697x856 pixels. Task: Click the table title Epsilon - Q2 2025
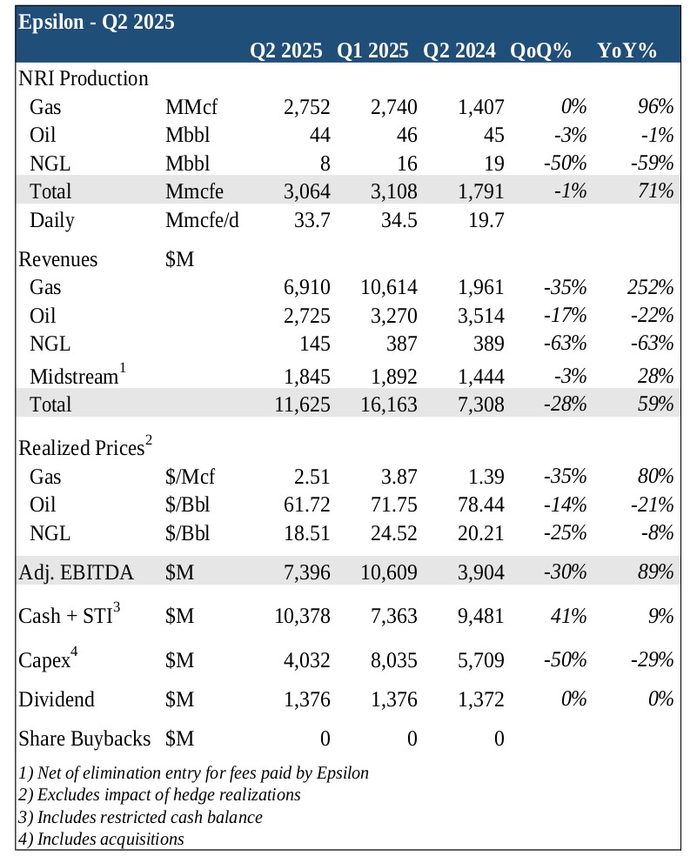(96, 22)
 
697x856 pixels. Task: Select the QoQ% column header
(541, 50)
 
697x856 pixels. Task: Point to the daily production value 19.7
(486, 220)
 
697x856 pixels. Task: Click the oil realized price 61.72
(302, 505)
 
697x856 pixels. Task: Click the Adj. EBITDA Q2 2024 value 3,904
(480, 572)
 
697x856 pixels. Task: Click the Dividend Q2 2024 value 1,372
(480, 699)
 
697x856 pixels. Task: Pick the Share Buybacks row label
(84, 739)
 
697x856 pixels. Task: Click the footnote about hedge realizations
(159, 794)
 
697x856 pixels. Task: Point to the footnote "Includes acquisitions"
(101, 839)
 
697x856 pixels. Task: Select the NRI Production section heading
(84, 78)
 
